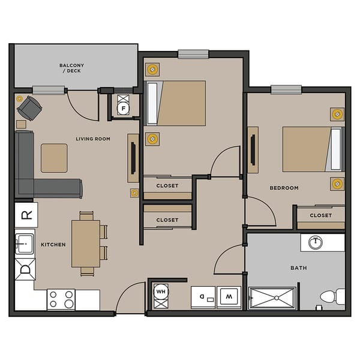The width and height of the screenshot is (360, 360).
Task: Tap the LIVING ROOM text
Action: click(x=93, y=139)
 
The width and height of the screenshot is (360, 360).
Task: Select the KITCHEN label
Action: click(x=53, y=245)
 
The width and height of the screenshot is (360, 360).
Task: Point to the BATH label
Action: click(x=298, y=268)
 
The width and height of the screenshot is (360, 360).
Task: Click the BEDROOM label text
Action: click(x=284, y=188)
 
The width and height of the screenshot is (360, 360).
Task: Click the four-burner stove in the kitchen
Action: click(x=61, y=299)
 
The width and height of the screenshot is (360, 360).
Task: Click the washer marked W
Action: click(x=228, y=297)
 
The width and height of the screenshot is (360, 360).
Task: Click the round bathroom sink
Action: click(x=316, y=243)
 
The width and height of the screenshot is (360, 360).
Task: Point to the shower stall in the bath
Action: click(x=272, y=298)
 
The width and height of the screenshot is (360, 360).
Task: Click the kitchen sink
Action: click(x=25, y=243)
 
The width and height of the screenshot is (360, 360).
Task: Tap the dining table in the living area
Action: click(x=85, y=243)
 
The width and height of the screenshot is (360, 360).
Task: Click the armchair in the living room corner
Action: click(x=29, y=109)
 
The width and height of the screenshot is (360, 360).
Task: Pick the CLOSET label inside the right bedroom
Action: click(x=321, y=215)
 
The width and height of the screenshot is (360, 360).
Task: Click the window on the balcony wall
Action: click(x=49, y=90)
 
